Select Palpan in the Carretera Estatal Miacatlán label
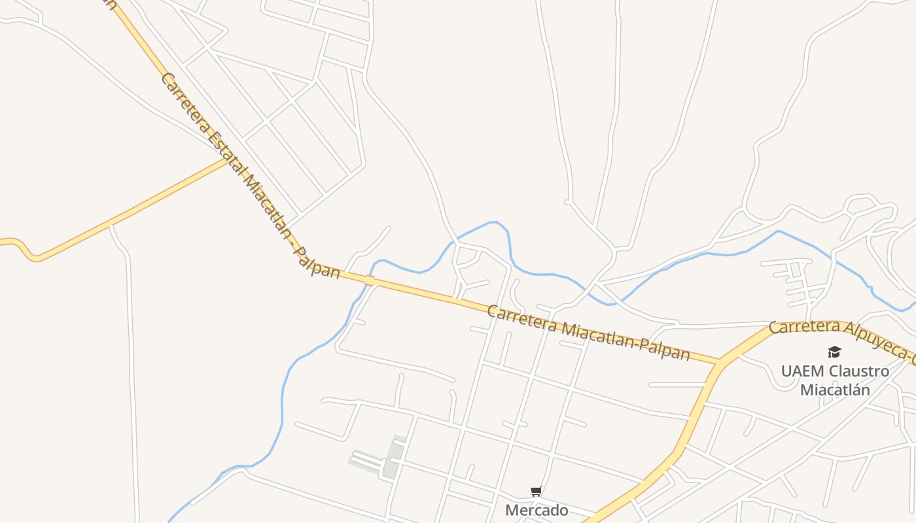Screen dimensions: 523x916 tap(317, 261)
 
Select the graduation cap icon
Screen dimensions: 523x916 tap(834, 352)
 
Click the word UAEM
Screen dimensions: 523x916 tap(802, 371)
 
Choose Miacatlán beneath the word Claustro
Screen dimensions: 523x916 tap(835, 390)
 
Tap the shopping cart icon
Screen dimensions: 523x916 tap(537, 491)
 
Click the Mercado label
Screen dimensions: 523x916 tap(537, 510)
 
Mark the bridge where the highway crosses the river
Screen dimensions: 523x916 tap(370, 280)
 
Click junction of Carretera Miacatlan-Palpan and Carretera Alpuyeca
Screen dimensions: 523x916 tap(720, 361)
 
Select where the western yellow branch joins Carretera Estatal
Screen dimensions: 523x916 tap(228, 160)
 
